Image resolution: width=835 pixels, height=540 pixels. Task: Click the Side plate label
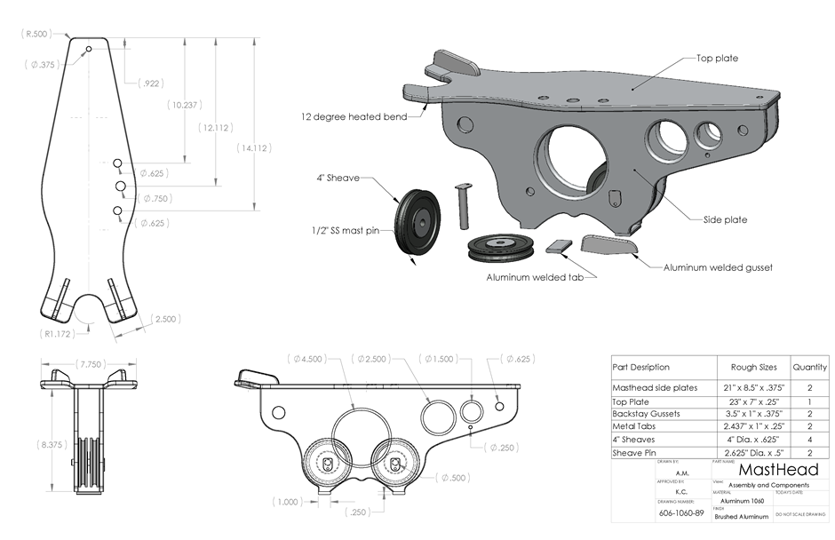[725, 218]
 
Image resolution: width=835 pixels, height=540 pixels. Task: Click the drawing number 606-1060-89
[681, 513]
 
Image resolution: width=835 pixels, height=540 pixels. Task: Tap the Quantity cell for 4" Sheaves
[809, 439]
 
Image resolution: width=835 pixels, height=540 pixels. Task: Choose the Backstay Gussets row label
[646, 413]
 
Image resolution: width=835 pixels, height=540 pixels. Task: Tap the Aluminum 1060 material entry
[738, 501]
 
